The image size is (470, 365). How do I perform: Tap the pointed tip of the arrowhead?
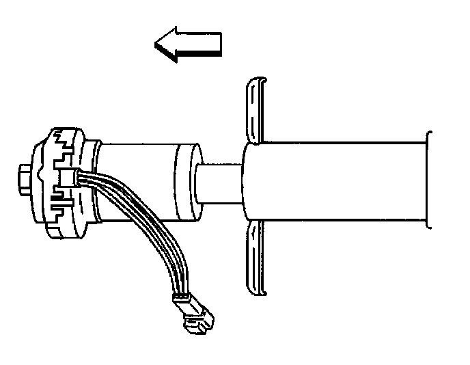157,46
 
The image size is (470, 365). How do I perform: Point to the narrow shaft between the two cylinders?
221,182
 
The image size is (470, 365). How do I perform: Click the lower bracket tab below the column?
254,256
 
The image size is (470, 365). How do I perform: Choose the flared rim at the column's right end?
428,181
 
